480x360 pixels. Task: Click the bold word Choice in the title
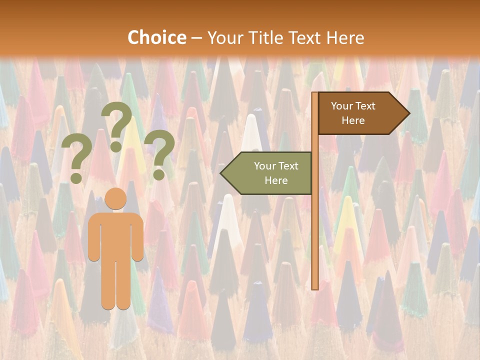pos(156,37)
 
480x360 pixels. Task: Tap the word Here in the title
pos(345,37)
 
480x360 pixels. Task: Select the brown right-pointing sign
pos(360,113)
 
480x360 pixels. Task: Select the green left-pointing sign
pos(270,173)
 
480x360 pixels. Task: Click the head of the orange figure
pos(116,198)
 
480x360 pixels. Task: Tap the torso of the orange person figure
pos(116,235)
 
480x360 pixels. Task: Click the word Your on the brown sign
pos(342,106)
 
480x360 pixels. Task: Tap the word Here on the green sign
pos(276,180)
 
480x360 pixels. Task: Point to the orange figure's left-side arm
pos(93,240)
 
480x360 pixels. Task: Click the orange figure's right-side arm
pos(138,240)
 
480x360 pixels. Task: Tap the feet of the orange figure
pos(116,303)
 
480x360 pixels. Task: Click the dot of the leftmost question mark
pos(76,177)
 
